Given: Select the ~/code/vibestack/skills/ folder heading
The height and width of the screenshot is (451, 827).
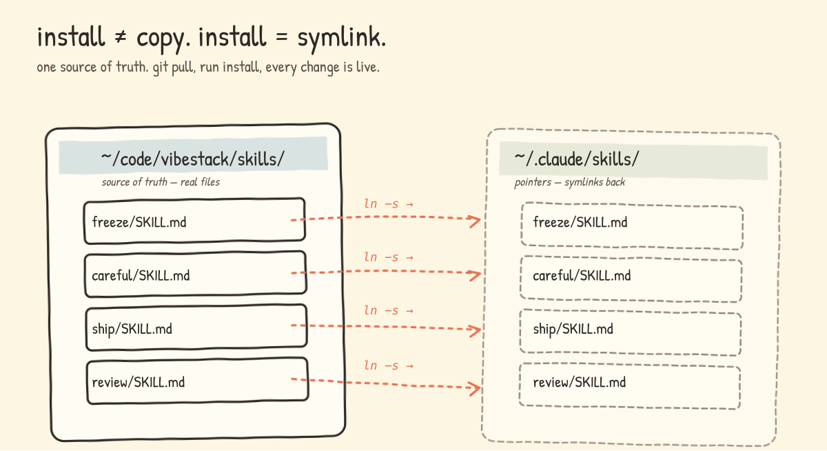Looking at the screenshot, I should (x=192, y=159).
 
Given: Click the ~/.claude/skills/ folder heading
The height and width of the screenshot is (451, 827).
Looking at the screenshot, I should (x=576, y=159).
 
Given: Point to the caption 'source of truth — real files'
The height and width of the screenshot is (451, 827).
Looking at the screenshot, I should (x=161, y=182).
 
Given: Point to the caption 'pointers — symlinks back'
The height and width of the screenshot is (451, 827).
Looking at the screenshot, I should (x=569, y=183).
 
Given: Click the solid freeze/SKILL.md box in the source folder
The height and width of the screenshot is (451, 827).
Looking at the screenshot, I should (x=194, y=221).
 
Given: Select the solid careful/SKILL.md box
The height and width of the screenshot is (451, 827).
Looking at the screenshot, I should (x=194, y=275).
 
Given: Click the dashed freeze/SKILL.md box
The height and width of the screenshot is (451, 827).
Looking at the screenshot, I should (x=632, y=226).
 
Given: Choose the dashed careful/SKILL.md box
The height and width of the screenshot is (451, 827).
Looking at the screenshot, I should (x=631, y=279).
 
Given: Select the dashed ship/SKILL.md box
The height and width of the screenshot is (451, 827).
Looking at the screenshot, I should (x=631, y=333).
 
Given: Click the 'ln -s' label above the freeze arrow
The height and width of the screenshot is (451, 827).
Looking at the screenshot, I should (x=388, y=204).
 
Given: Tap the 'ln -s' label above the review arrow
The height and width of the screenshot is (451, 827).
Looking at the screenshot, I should (x=388, y=365).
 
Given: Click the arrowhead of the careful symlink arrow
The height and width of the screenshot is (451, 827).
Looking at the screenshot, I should (x=475, y=275).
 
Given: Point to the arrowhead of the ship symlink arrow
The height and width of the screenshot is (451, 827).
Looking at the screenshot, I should (x=475, y=330).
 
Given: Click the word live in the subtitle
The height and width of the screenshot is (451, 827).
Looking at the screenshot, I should (x=366, y=68).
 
